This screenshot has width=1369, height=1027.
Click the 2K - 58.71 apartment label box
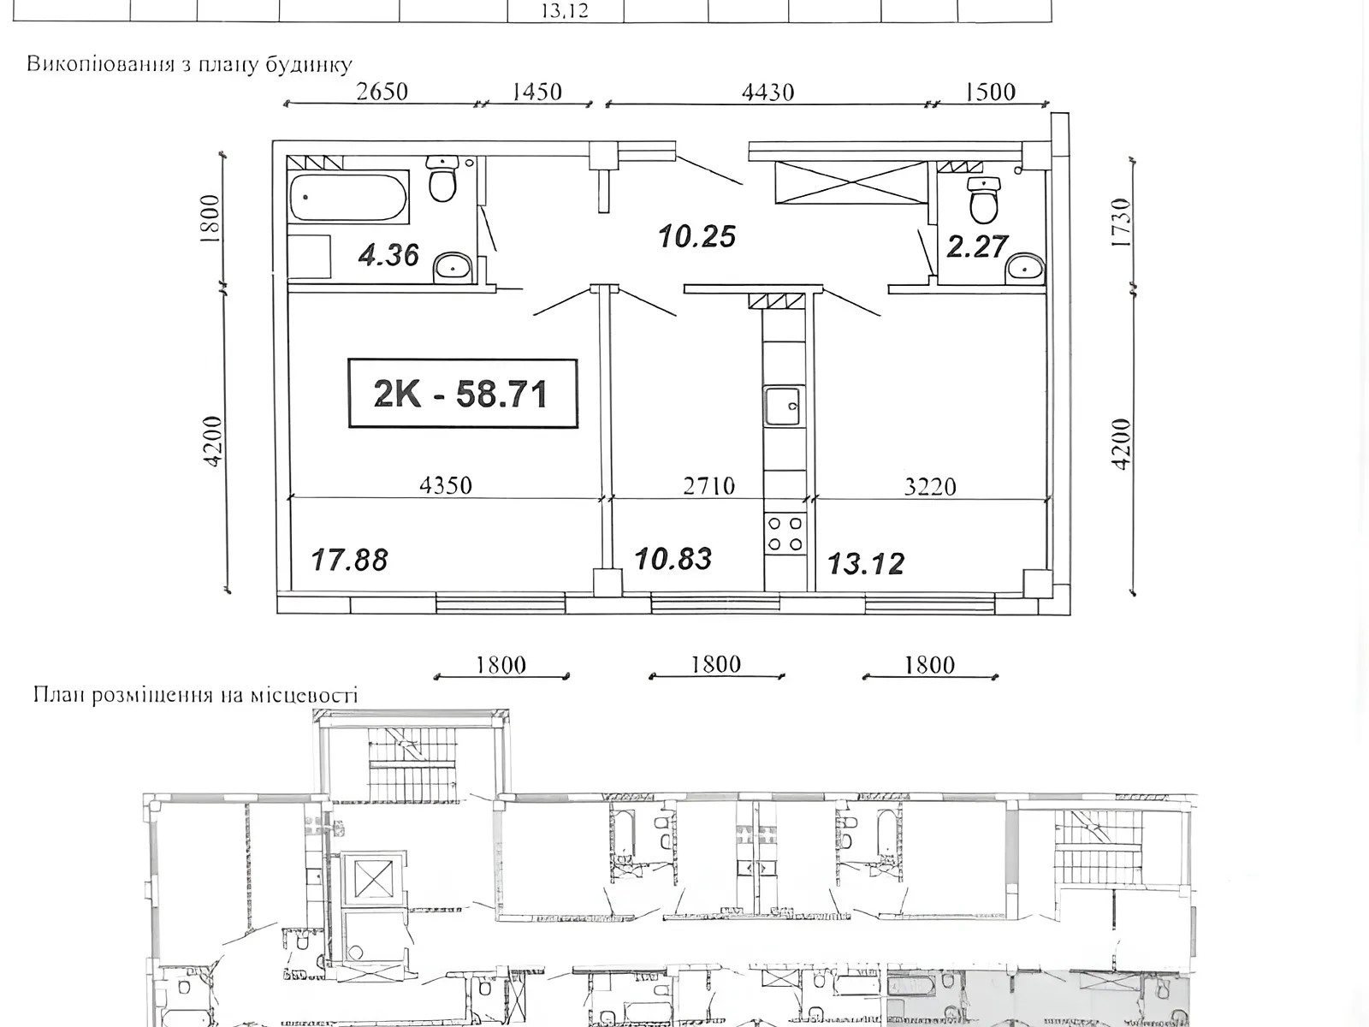point(462,394)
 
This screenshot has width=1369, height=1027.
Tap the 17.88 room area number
point(349,560)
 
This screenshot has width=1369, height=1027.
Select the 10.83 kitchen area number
point(673,559)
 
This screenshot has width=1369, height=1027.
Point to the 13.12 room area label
point(866,564)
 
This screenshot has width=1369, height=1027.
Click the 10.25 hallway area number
point(697,236)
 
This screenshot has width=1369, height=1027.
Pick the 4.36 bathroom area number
point(388,255)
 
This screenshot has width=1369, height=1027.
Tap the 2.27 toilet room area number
point(976,246)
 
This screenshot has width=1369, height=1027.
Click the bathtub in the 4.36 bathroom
point(348,197)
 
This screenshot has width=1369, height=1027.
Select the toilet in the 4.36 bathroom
point(442,178)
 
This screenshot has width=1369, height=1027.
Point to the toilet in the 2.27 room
point(984,199)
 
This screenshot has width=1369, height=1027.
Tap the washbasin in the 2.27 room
point(1024,269)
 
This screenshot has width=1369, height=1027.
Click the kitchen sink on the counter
point(784,406)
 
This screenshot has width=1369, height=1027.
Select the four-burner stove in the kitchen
point(785,534)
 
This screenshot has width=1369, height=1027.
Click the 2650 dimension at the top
point(382,92)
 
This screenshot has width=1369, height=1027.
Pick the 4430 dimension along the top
point(767,93)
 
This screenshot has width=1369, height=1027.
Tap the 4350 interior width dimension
point(445,485)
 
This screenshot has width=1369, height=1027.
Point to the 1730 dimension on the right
point(1121,222)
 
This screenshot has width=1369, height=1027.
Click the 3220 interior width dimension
point(930,486)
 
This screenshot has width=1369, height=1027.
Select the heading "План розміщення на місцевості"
point(195,695)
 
